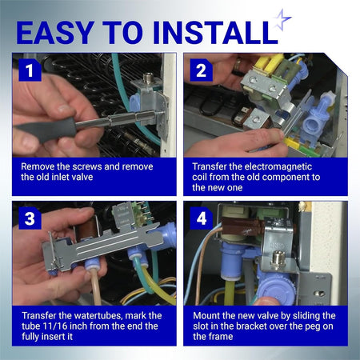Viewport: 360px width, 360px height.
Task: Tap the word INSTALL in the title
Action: (x=215, y=33)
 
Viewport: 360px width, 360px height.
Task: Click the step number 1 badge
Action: (x=30, y=70)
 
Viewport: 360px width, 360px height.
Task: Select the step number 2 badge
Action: (x=201, y=70)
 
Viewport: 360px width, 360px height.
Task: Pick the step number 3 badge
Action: (x=30, y=218)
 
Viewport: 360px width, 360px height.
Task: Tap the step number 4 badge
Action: (x=201, y=218)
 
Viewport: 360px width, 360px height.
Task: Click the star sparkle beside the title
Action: (x=282, y=19)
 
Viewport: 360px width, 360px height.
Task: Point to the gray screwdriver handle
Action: (x=46, y=130)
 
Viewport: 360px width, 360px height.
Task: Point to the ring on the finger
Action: (x=238, y=68)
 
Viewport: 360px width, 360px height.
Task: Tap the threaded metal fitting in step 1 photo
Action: (x=147, y=78)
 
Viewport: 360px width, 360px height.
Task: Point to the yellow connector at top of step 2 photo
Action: (x=269, y=63)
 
